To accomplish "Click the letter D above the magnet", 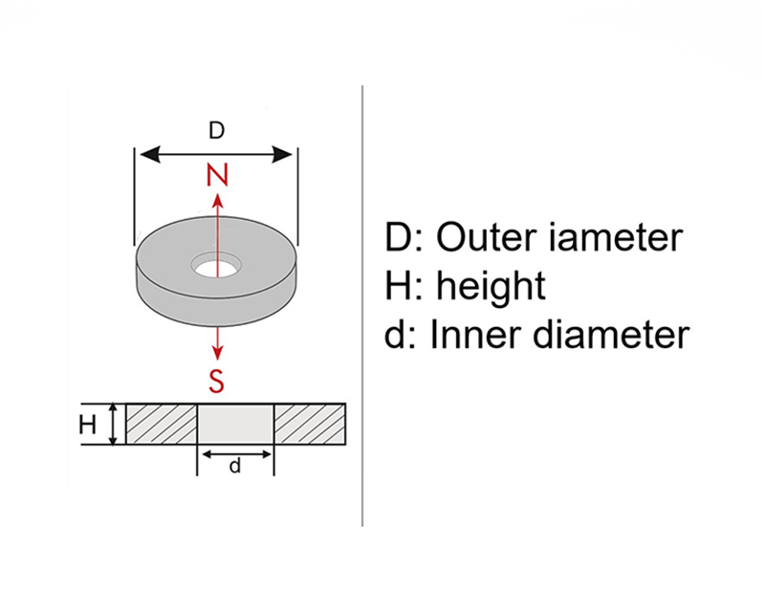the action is point(217,130).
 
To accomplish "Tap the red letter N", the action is point(217,176).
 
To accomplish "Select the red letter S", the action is point(217,382).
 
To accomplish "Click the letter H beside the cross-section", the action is point(87,425).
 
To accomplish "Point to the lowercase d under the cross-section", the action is point(235,466).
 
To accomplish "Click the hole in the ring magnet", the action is point(217,266).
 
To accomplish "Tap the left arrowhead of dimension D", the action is point(150,155).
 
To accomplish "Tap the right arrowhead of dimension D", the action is point(282,155).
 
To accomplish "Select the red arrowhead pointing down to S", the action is point(217,353).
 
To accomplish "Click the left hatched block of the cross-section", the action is point(162,425).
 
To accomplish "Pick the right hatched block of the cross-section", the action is point(310,425).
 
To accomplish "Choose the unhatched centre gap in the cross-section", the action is point(235,425).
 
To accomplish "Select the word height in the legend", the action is point(491,288).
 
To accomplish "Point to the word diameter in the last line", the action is point(610,335).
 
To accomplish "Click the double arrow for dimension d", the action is point(236,455).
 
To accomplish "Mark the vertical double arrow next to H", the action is point(113,425).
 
